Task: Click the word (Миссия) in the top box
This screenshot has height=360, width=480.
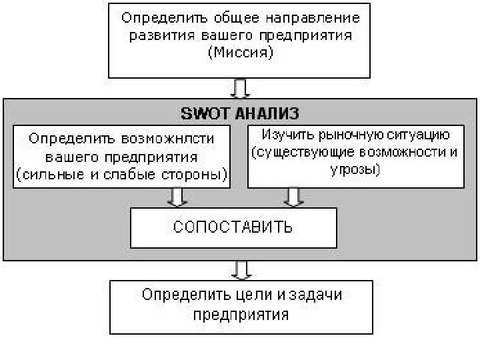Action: click(241, 53)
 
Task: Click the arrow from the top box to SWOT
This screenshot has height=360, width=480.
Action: click(241, 88)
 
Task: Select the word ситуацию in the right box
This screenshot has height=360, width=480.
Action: click(419, 134)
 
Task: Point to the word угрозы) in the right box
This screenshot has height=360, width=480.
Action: click(355, 169)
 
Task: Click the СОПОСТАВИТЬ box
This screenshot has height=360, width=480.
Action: click(233, 227)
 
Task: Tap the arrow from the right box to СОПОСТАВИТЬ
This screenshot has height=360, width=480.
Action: click(291, 197)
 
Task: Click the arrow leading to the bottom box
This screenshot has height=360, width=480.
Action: click(241, 269)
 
